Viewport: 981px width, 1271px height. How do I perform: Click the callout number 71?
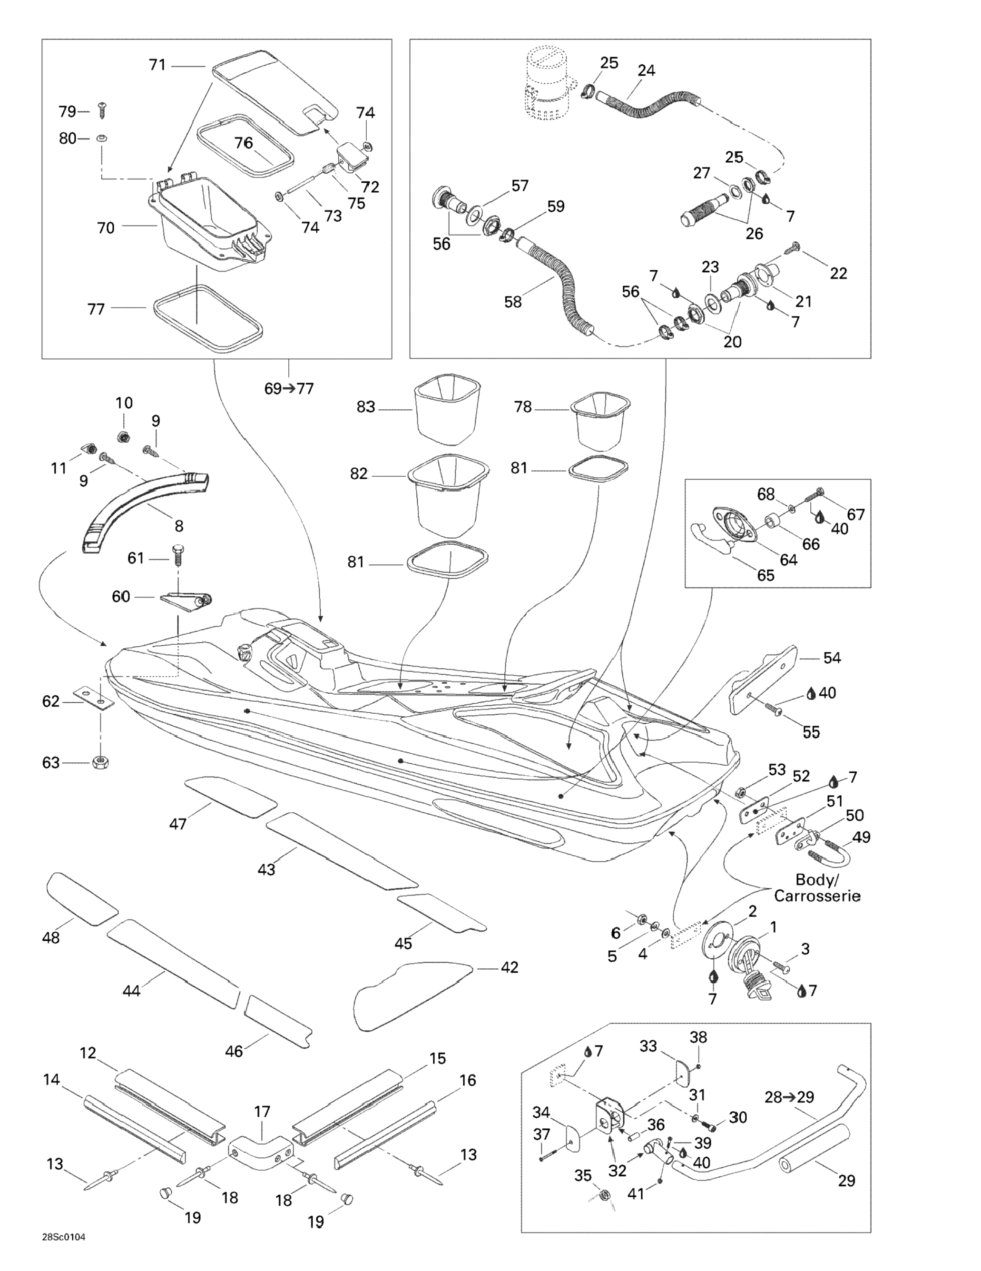(x=157, y=65)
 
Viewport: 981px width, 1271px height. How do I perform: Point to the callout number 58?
(x=512, y=302)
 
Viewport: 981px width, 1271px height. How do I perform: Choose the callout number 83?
(x=365, y=407)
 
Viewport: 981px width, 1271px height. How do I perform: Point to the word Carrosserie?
(x=817, y=896)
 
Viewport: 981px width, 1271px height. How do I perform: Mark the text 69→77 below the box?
(x=289, y=389)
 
